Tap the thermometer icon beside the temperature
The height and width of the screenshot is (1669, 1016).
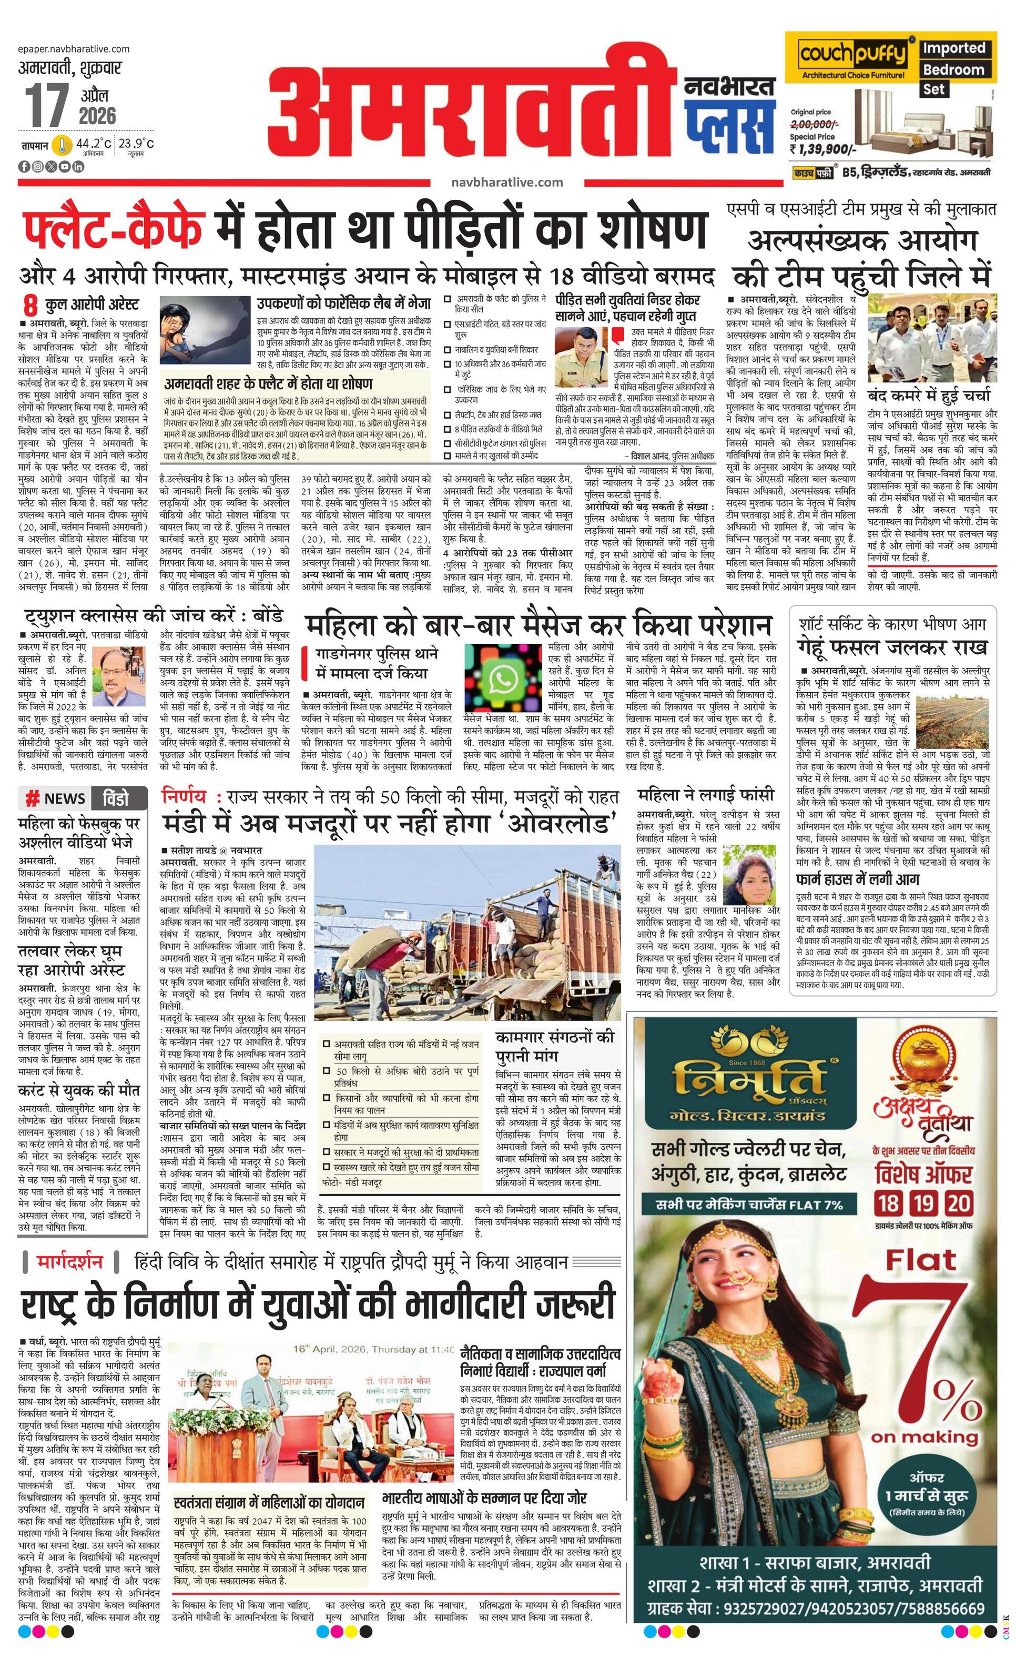coord(62,145)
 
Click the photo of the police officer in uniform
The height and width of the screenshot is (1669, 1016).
coord(581,357)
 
